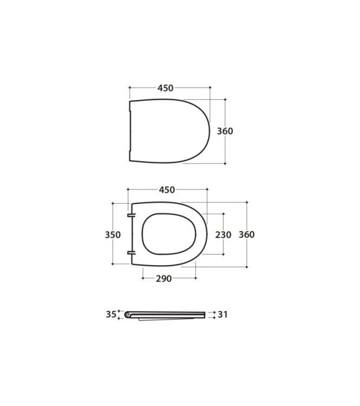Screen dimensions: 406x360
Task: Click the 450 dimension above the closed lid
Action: pyautogui.click(x=165, y=88)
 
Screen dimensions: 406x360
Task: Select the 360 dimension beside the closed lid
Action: pyautogui.click(x=225, y=131)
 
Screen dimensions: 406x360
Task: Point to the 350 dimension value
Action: pyautogui.click(x=113, y=234)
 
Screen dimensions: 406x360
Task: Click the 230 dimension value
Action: pyautogui.click(x=223, y=234)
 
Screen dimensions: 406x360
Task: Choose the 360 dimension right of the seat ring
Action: pyautogui.click(x=246, y=234)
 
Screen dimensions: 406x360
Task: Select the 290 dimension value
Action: pyautogui.click(x=163, y=279)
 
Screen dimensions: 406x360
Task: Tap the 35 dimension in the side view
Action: pyautogui.click(x=111, y=314)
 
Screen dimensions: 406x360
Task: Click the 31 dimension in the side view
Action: pyautogui.click(x=222, y=315)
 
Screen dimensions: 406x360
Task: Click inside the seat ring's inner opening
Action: pyautogui.click(x=168, y=234)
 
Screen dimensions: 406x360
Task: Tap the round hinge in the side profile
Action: pyautogui.click(x=128, y=315)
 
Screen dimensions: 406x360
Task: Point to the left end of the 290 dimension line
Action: pyautogui.click(x=142, y=278)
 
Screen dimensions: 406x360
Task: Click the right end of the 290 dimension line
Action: pyautogui.click(x=196, y=278)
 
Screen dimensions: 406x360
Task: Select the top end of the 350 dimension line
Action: pyautogui.click(x=113, y=203)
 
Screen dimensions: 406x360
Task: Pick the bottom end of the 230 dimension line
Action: pyautogui.click(x=223, y=254)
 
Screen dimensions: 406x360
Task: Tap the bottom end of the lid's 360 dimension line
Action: pyautogui.click(x=225, y=163)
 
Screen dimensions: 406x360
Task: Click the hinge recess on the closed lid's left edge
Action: pyautogui.click(x=130, y=131)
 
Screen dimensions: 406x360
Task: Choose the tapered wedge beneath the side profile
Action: pyautogui.click(x=157, y=319)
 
